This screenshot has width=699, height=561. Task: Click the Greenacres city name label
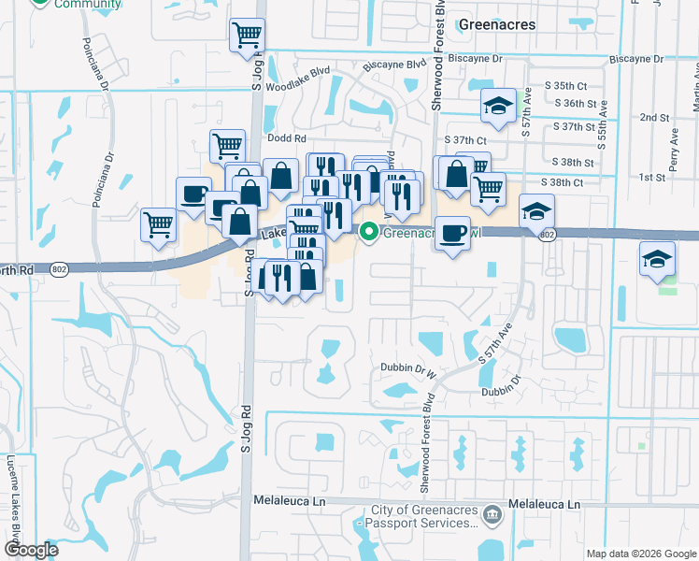pyautogui.click(x=498, y=24)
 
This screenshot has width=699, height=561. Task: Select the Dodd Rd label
pyautogui.click(x=281, y=137)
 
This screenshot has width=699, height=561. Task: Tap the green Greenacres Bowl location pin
pyautogui.click(x=369, y=231)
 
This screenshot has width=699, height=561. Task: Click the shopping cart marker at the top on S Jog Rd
pyautogui.click(x=248, y=36)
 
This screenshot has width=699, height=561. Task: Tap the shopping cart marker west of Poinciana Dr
pyautogui.click(x=158, y=224)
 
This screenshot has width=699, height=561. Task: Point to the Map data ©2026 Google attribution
pyautogui.click(x=641, y=553)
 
